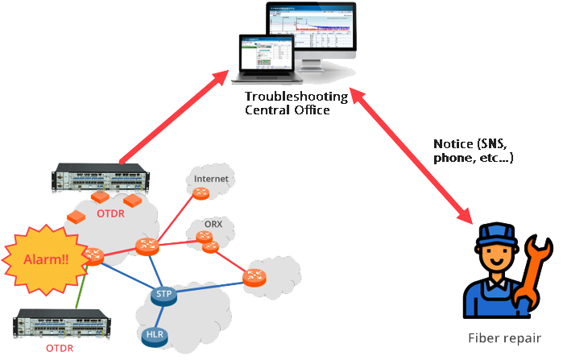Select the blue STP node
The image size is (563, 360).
[x=164, y=296]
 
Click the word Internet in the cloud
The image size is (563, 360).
[x=211, y=178]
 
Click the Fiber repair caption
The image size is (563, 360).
[x=503, y=338]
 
